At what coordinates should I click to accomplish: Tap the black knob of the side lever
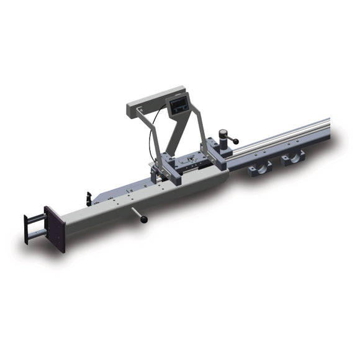point(145,219)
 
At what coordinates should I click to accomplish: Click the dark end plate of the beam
point(54,229)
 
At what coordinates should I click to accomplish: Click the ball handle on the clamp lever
point(235,141)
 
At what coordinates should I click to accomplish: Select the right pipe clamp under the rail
point(292,156)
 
